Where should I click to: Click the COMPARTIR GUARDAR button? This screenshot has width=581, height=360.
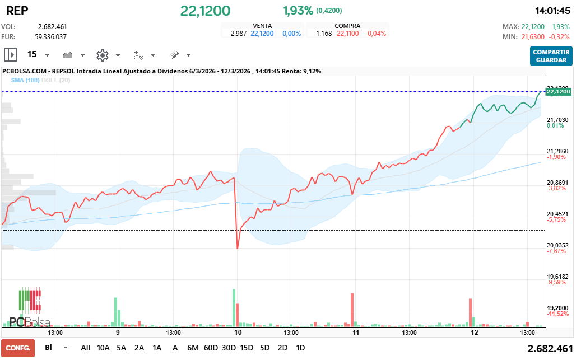[x=551, y=56]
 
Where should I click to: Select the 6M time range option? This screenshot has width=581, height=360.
[x=193, y=348]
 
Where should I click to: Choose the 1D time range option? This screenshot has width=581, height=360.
[x=300, y=348]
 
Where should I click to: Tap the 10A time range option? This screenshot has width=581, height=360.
[x=103, y=348]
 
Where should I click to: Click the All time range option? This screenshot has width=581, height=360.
[x=85, y=348]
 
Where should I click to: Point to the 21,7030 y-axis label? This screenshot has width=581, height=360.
[x=557, y=120]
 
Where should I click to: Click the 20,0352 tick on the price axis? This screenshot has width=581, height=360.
[x=557, y=245]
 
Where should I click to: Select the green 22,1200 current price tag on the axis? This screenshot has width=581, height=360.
[x=558, y=91]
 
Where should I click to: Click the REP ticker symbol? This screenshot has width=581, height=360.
[x=17, y=11]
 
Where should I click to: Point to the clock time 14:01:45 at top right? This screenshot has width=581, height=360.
[x=552, y=11]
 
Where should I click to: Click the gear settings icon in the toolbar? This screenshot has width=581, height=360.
[x=102, y=55]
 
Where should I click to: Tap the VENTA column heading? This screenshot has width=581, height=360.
[x=263, y=26]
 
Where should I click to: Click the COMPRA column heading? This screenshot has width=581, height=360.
[x=347, y=26]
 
